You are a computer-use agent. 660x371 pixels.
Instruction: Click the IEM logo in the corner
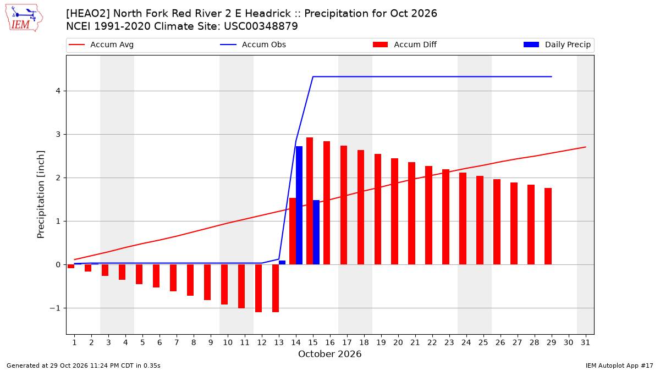click(x=24, y=18)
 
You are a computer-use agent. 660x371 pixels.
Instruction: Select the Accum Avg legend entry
click(x=101, y=45)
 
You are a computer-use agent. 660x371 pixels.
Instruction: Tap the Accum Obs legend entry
click(x=253, y=45)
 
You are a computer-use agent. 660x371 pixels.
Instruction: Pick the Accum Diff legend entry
click(x=405, y=45)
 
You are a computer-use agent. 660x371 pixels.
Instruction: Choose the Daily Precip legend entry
click(x=557, y=45)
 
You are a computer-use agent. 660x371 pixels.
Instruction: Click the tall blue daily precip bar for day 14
click(x=299, y=205)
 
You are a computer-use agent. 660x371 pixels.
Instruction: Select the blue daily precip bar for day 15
click(x=316, y=232)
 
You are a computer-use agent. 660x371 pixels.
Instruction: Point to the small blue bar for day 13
click(x=282, y=262)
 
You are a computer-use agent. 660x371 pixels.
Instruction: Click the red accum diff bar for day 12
click(x=258, y=288)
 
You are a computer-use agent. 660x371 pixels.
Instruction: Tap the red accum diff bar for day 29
click(x=548, y=226)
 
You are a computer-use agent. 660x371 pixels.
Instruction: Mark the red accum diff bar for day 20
click(x=394, y=212)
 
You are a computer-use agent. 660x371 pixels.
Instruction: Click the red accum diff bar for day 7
click(x=173, y=278)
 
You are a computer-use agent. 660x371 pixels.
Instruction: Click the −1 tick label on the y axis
click(x=55, y=308)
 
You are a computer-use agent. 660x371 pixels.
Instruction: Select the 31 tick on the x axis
click(x=585, y=342)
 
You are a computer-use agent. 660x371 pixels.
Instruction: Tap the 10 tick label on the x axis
click(x=228, y=342)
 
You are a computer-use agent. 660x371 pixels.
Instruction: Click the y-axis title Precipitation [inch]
click(x=41, y=195)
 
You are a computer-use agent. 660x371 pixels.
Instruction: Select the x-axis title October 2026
click(x=329, y=354)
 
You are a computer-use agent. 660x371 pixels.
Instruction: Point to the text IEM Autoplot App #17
click(x=619, y=366)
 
